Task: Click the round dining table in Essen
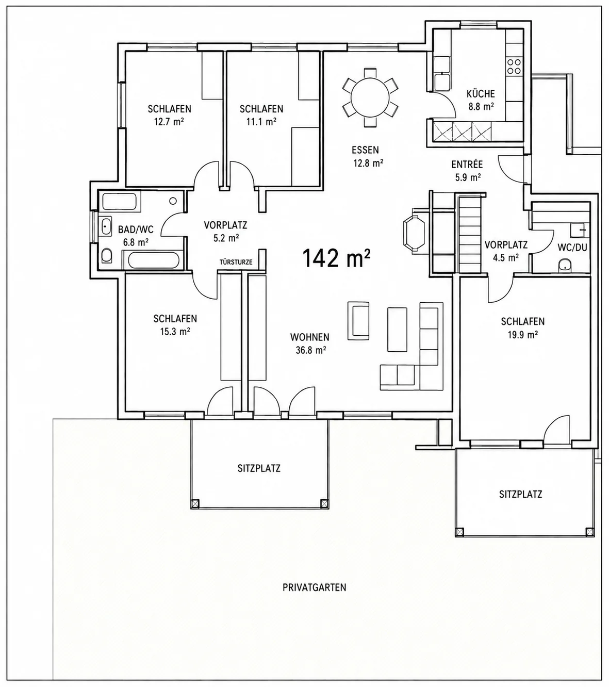pos(370,98)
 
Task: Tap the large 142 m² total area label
pos(336,258)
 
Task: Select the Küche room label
pos(481,93)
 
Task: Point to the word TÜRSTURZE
pos(236,262)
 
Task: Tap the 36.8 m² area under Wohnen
pos(310,350)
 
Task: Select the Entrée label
pos(467,165)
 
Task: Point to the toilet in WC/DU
pos(565,265)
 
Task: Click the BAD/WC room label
pos(136,230)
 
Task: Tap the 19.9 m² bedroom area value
pos(522,335)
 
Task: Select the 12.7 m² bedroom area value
pos(169,121)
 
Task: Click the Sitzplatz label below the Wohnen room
pos(259,468)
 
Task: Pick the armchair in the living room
pos(358,320)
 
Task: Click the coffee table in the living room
pos(397,330)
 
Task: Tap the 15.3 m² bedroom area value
pos(175,331)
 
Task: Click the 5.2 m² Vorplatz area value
pos(226,238)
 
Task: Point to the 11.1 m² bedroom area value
pos(261,121)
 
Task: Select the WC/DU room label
pos(572,248)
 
